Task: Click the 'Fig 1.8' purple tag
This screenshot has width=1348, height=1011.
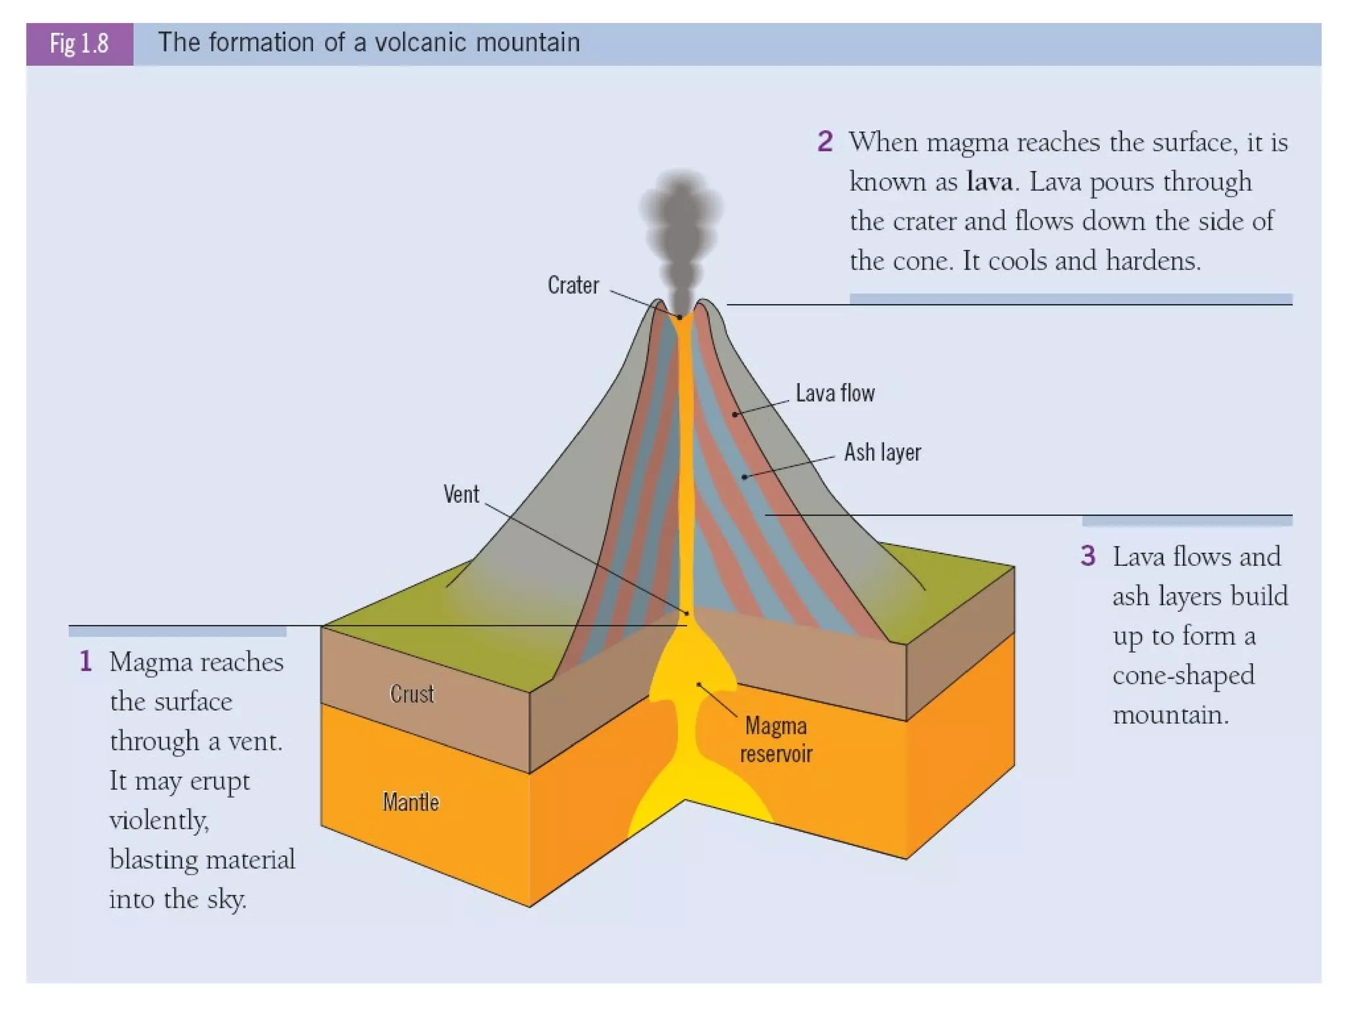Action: click(x=80, y=44)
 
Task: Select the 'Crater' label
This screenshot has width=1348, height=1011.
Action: click(x=573, y=286)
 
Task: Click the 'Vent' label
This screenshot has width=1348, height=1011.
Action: click(x=461, y=494)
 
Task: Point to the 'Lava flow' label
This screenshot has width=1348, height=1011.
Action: click(x=835, y=394)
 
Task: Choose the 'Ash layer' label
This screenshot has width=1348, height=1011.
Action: click(x=882, y=453)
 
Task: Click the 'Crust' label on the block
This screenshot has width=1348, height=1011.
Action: click(x=412, y=694)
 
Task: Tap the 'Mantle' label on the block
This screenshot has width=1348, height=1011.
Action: click(x=411, y=802)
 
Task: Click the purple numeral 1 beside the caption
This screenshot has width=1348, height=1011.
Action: click(x=86, y=661)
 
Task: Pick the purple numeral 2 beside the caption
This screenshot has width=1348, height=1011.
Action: click(x=825, y=142)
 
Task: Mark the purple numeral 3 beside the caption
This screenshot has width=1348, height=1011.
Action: click(x=1088, y=556)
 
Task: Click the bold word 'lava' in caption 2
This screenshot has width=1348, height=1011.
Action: click(x=989, y=182)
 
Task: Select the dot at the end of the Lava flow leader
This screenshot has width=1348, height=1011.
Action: click(x=735, y=415)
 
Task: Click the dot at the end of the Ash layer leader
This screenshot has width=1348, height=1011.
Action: click(x=744, y=477)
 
